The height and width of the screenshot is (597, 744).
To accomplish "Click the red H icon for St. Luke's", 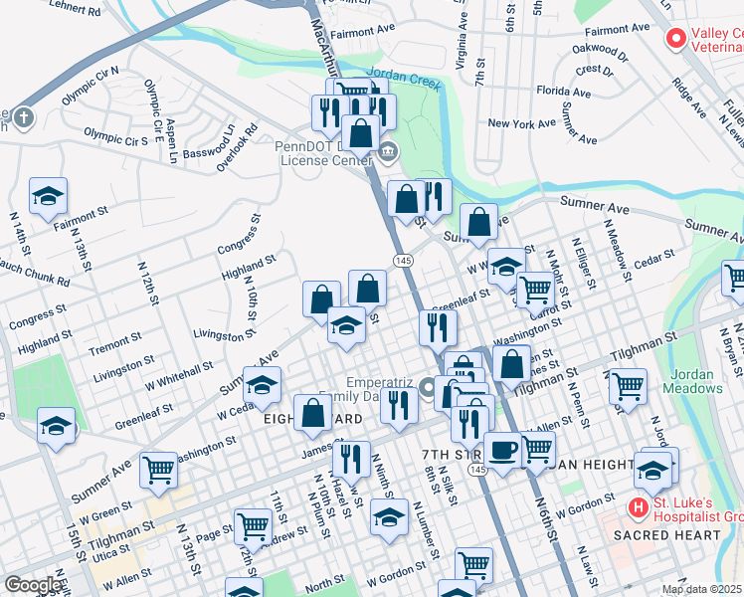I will (638, 507).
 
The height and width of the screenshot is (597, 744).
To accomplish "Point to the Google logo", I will (33, 585).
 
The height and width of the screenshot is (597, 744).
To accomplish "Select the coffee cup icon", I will (502, 450).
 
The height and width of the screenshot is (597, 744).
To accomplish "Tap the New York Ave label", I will (521, 123).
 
